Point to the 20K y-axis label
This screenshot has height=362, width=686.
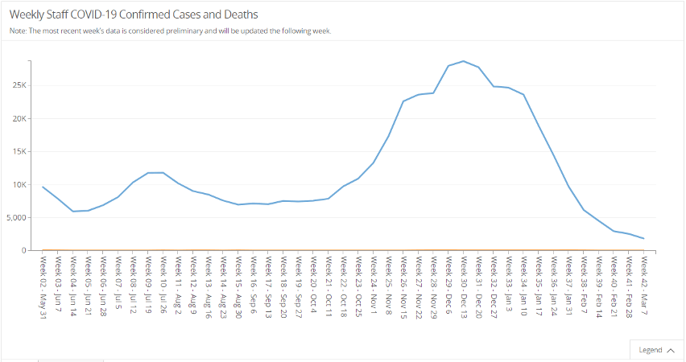(18, 118)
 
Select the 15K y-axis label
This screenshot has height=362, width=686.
(18, 151)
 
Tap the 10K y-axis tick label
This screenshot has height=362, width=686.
(18, 184)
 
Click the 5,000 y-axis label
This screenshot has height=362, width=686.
(15, 217)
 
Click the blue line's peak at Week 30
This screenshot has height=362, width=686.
(463, 61)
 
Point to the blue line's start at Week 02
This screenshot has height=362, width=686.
(43, 187)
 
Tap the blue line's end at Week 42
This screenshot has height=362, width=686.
(643, 238)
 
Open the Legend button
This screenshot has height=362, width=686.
(656, 350)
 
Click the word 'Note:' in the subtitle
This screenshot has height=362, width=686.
(18, 31)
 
